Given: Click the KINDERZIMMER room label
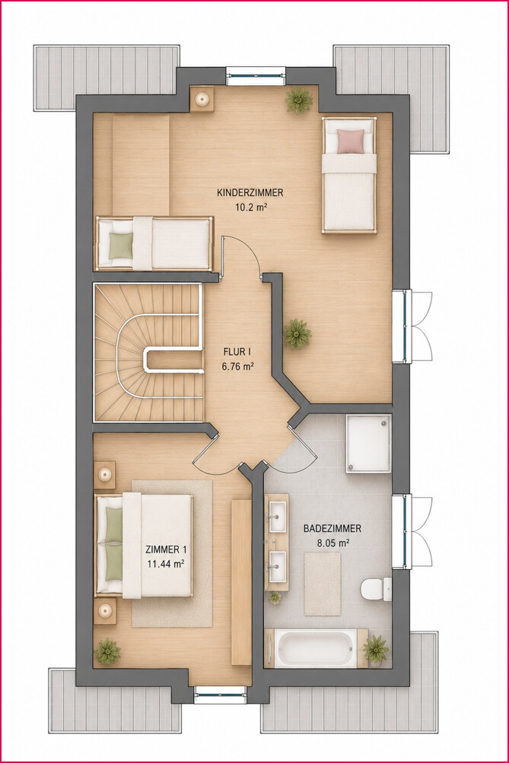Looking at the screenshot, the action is pos(250,193).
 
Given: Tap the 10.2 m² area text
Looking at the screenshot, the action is pos(251,207).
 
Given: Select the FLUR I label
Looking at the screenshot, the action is pos(237,351).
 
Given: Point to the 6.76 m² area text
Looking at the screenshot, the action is pos(237,366).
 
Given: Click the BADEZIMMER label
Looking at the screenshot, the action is pos(332,528).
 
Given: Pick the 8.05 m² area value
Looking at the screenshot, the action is pos(333,543).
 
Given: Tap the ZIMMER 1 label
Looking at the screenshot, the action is pos(166,549).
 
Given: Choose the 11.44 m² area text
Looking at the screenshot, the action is pos(166,564).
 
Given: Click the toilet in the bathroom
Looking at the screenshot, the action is pos(377,589).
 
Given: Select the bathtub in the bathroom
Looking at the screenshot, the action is pos(315,648).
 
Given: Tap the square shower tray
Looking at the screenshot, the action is pos(369,444).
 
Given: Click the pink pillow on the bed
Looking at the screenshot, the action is pos(351,141).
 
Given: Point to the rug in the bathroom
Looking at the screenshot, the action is pos(323,584).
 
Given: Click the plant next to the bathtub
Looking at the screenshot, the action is pos(376,649).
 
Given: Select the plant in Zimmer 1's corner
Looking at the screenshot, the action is pos(107,651).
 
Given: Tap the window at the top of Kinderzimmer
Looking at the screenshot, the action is pos(256,75).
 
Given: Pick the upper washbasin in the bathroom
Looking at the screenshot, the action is pos(278,517).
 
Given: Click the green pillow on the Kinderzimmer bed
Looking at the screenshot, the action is pos(121,245).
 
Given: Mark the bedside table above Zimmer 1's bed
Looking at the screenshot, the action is pos(105,474).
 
